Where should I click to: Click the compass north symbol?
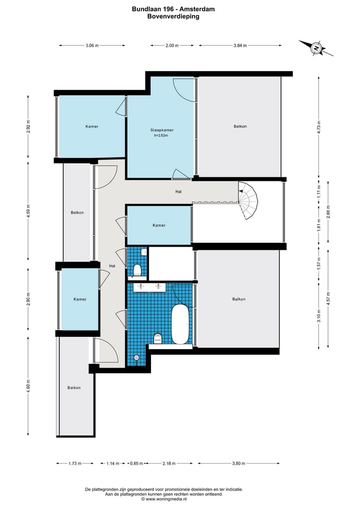coord(315,48)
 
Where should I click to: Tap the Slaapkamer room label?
coord(162,130)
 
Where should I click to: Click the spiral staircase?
coord(248,200)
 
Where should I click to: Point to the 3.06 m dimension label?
coord(92,45)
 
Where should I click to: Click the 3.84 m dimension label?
coord(240,45)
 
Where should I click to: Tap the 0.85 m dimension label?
coord(136,463)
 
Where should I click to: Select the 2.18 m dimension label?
coord(169,463)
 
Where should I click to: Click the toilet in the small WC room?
coord(137,270)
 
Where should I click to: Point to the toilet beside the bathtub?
coord(157,338)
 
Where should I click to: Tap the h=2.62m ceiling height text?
coord(161,135)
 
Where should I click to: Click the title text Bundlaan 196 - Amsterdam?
coord(173,9)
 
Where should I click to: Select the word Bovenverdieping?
coord(173,16)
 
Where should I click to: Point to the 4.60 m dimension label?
coord(28,386)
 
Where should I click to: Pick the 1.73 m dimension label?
coord(75,463)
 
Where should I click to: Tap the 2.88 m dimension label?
coord(328,212)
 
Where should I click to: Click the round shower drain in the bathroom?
coord(136,357)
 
